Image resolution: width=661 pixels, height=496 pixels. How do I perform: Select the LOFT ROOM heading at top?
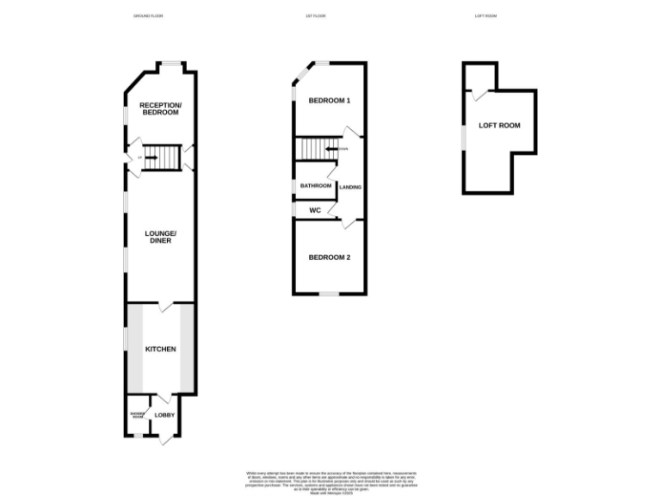tap(486, 16)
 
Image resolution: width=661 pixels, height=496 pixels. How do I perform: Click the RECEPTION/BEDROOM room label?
tap(161, 108)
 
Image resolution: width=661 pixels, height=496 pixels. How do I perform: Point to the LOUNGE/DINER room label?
tap(160, 237)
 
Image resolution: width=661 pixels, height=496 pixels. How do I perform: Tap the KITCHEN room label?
tap(160, 349)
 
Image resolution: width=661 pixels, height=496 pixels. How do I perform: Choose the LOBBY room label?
tap(164, 415)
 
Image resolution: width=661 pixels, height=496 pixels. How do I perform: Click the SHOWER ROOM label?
tap(137, 415)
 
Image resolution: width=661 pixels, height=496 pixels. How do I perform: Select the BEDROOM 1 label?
tap(330, 101)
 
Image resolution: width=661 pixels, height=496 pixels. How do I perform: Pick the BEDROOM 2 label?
tap(330, 257)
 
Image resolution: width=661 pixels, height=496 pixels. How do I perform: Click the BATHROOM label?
tap(316, 186)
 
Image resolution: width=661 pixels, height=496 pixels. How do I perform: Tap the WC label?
tap(315, 209)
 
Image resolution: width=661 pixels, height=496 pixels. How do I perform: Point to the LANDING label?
tap(350, 187)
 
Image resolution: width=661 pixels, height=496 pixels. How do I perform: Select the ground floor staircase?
tap(159, 157)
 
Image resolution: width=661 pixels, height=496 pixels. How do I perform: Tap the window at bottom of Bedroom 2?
tap(329, 294)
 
